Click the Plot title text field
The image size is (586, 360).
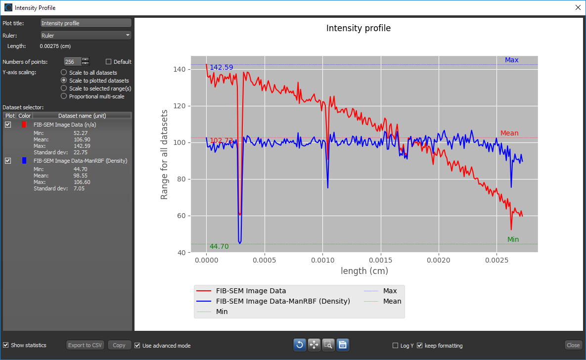[x=86, y=23]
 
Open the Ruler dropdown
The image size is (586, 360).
[x=86, y=35]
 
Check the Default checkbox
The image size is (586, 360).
[x=109, y=62]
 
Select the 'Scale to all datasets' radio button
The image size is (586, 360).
[x=64, y=73]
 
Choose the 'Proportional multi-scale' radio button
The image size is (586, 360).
[x=64, y=96]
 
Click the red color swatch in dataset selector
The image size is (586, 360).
[x=24, y=125]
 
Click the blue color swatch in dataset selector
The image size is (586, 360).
[x=24, y=161]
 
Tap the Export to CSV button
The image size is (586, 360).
[x=85, y=345]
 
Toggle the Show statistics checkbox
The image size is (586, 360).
[x=6, y=345]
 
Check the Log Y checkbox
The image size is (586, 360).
[x=395, y=346]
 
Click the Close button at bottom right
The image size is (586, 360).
[x=573, y=345]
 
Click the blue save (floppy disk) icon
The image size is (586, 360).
[x=343, y=345]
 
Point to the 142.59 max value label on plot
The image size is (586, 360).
[x=221, y=67]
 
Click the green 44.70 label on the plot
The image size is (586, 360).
[x=219, y=246]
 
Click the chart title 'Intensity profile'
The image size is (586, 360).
[x=358, y=28]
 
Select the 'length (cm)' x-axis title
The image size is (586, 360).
[x=364, y=271]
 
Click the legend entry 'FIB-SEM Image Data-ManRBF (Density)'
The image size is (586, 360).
[x=283, y=301]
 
